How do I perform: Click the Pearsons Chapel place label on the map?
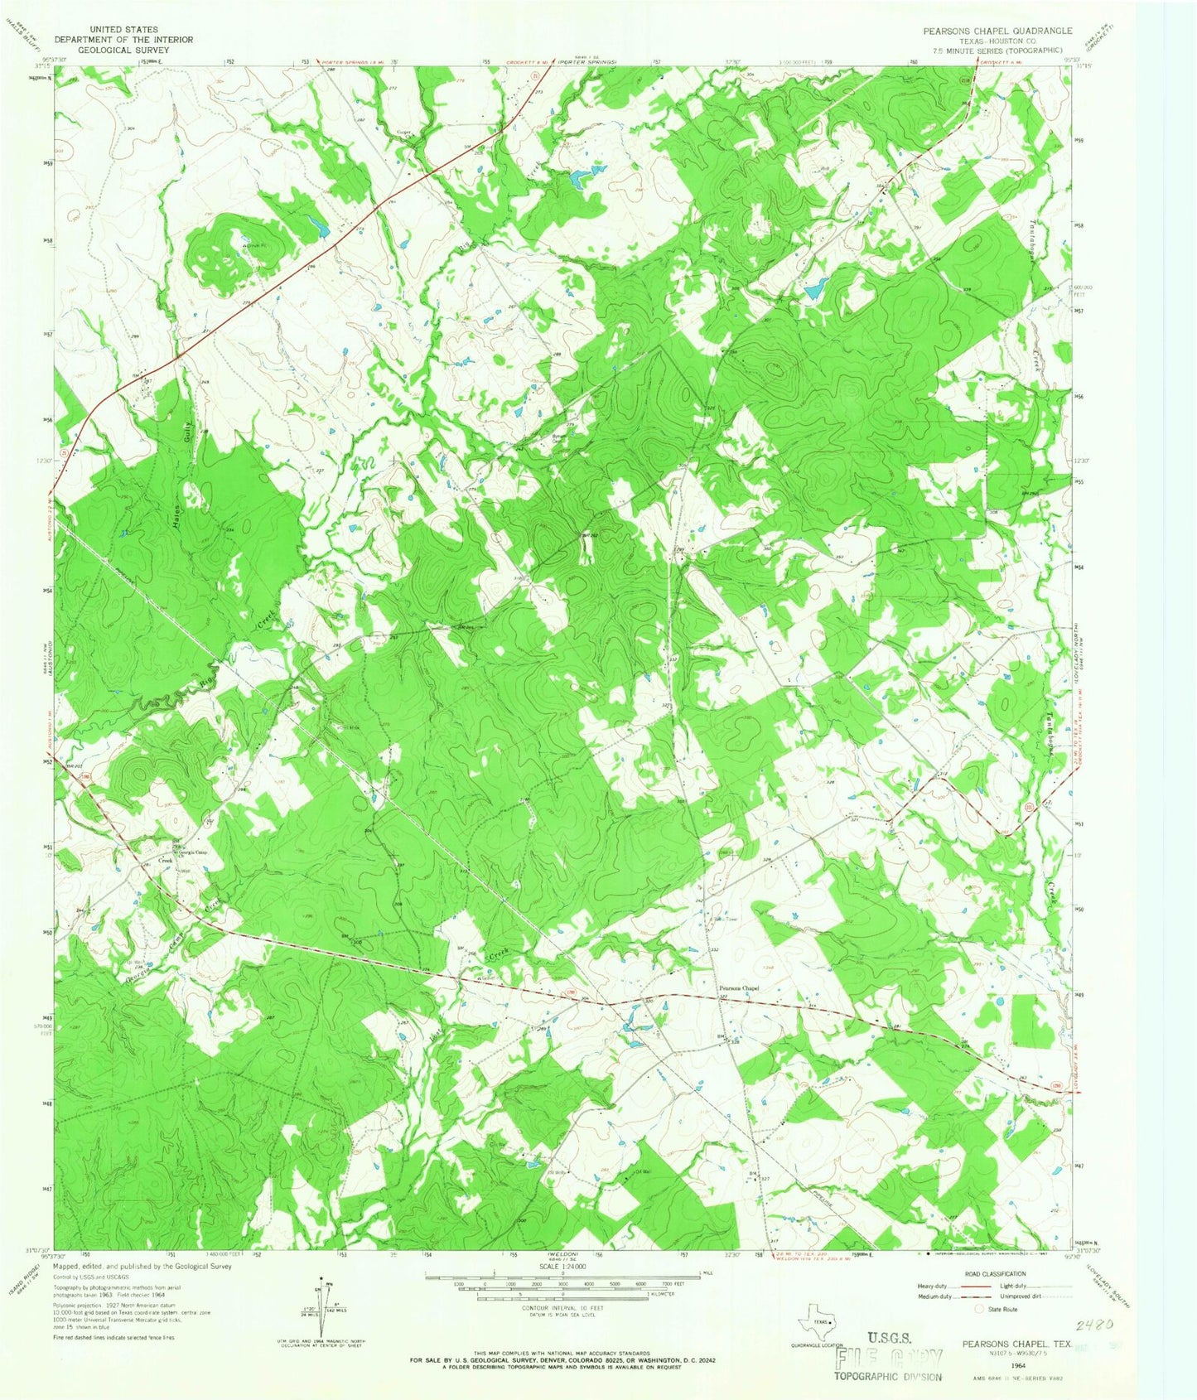(737, 987)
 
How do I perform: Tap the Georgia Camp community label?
(189, 852)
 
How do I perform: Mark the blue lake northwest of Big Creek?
(316, 224)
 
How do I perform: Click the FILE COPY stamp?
(891, 1359)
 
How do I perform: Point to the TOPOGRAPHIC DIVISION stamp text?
(888, 1377)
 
